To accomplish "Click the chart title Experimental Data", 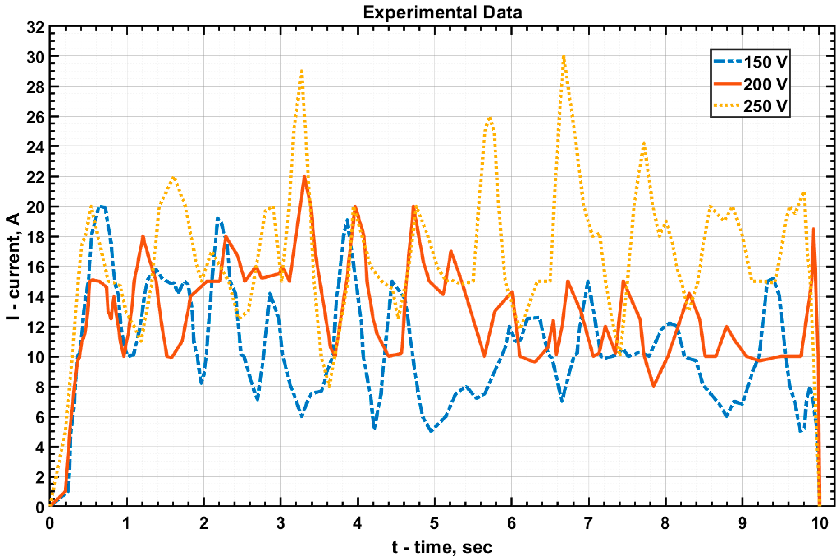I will [x=442, y=13].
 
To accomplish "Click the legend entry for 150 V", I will [x=765, y=62].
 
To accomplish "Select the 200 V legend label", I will [x=765, y=85].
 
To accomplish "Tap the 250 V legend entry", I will [x=765, y=106].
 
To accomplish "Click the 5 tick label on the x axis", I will [x=434, y=524].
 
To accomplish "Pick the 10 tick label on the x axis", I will [x=819, y=524].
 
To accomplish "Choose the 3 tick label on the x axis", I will [x=280, y=524].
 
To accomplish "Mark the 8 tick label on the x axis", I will [x=665, y=524].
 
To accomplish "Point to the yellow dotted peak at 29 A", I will [x=302, y=72].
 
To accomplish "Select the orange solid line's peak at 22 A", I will [x=304, y=177].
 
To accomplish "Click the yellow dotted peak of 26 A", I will [x=489, y=118].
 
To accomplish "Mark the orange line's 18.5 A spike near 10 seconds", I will [x=813, y=229].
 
